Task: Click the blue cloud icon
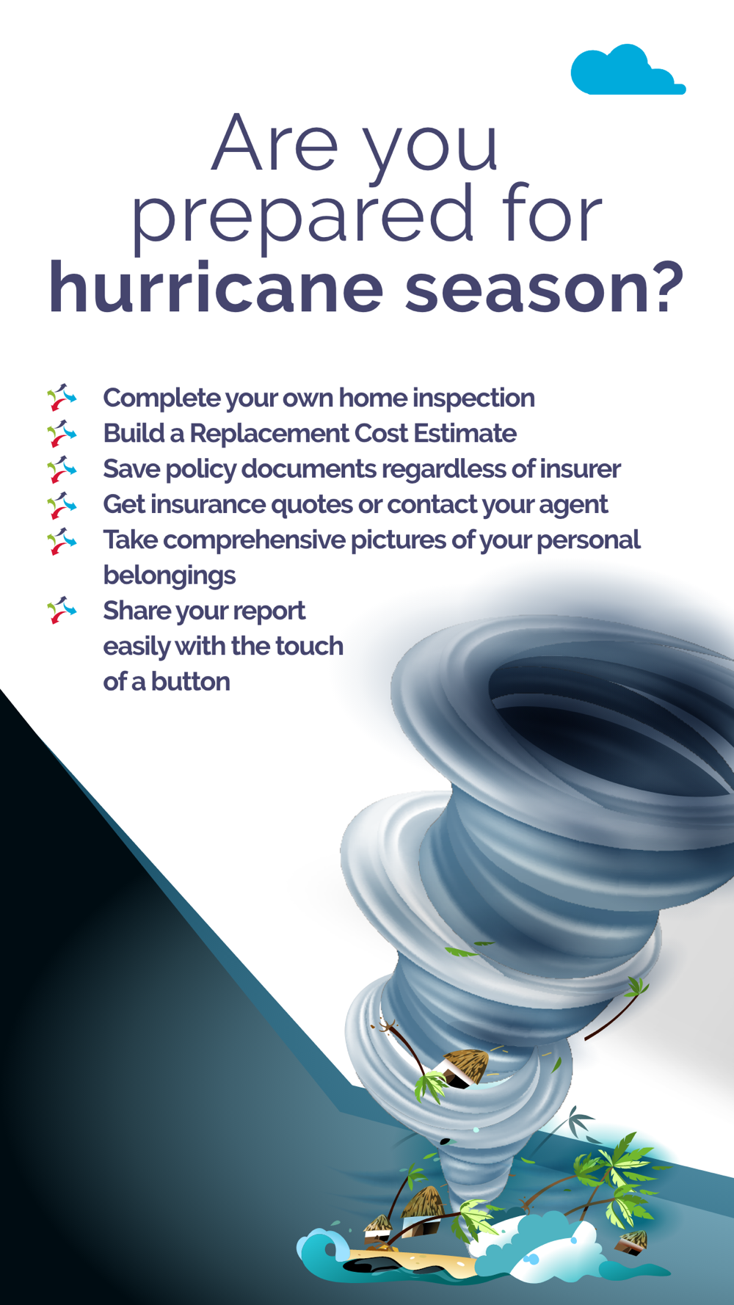[628, 70]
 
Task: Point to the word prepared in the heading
[302, 215]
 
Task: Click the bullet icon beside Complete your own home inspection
[62, 397]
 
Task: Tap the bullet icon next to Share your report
[62, 610]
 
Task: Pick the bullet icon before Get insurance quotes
[62, 504]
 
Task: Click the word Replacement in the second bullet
[269, 434]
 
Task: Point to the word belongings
[170, 575]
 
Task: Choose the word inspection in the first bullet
[473, 399]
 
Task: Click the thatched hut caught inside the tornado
[462, 1066]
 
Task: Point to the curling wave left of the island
[323, 1248]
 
